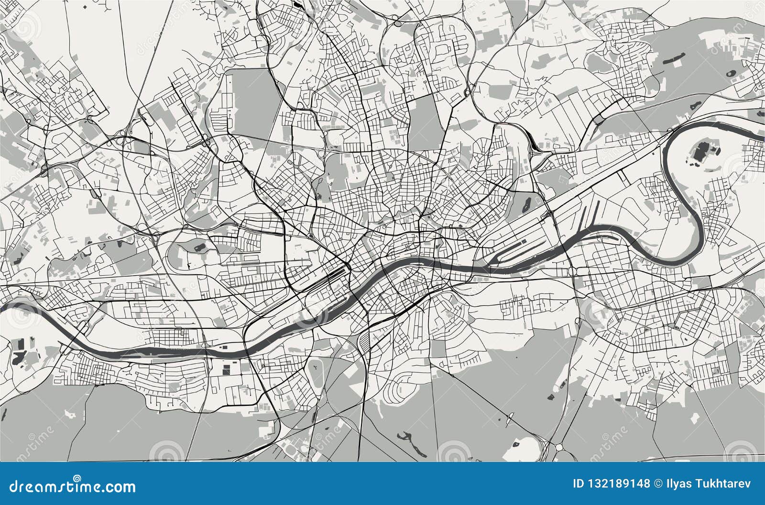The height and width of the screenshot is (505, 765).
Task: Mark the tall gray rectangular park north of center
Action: (x=425, y=117)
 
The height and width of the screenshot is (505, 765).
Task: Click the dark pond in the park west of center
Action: (x=199, y=247)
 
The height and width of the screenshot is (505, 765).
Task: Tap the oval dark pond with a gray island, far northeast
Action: (x=731, y=74)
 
